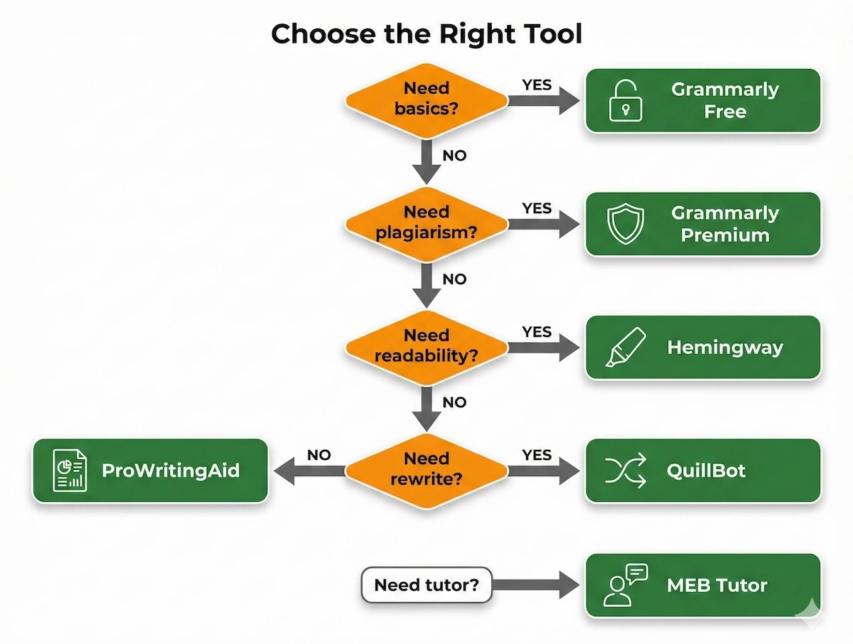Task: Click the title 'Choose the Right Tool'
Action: [x=426, y=33]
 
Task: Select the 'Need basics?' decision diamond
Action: [x=426, y=99]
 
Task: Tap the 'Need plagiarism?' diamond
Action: [x=426, y=222]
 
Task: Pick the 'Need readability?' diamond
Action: [x=426, y=345]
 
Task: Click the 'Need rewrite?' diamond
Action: [x=426, y=468]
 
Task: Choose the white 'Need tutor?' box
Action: [x=426, y=585]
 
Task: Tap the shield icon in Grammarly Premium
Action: [x=626, y=224]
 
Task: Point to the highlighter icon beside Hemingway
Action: [x=626, y=347]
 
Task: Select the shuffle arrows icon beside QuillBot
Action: [x=626, y=471]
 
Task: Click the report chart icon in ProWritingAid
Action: [x=70, y=471]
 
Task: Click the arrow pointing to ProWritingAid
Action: [x=310, y=471]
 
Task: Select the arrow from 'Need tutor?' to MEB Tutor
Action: [x=537, y=586]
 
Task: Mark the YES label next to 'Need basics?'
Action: [x=537, y=85]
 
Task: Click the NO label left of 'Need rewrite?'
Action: [x=318, y=455]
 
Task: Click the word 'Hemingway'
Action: [x=724, y=348]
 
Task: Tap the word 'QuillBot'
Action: [x=706, y=471]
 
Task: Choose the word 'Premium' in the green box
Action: [x=725, y=235]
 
